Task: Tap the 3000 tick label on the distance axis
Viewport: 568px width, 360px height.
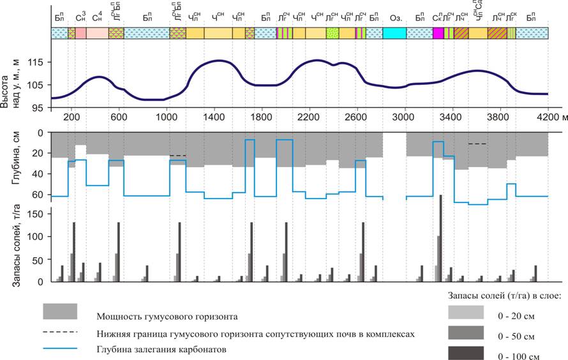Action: pyautogui.click(x=403, y=117)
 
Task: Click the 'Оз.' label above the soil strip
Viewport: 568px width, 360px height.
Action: pyautogui.click(x=395, y=17)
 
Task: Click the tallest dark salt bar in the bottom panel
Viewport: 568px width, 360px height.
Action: pyautogui.click(x=440, y=237)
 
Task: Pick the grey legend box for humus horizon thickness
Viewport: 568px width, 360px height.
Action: pyautogui.click(x=60, y=311)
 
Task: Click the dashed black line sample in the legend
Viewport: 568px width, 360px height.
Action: pyautogui.click(x=60, y=332)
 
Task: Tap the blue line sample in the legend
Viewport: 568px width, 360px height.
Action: pyautogui.click(x=60, y=348)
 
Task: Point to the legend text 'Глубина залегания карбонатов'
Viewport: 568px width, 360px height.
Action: pyautogui.click(x=161, y=349)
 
